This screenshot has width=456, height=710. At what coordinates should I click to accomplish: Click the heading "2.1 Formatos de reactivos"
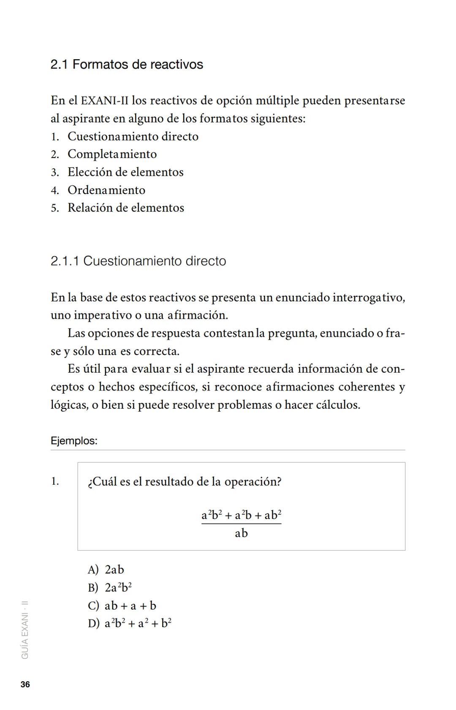(127, 65)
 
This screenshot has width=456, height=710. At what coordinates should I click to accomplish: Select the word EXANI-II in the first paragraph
(104, 101)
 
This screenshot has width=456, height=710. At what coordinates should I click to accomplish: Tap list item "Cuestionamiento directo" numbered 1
(133, 137)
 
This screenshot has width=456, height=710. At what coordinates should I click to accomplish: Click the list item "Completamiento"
(112, 154)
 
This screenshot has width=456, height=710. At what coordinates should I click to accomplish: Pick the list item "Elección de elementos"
(125, 172)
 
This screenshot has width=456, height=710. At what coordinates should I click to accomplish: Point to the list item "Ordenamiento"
(106, 190)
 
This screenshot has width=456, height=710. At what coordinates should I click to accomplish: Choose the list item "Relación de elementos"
(126, 208)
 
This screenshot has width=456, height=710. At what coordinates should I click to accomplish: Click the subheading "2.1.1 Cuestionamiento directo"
(138, 261)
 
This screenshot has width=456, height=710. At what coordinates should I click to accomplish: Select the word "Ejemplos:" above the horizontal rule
(74, 441)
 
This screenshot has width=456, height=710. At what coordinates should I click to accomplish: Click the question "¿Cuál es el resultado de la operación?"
(185, 482)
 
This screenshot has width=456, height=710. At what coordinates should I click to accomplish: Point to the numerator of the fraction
(241, 515)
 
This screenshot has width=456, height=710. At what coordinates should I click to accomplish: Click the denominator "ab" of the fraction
(241, 533)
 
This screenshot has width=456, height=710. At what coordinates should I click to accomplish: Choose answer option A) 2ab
(106, 570)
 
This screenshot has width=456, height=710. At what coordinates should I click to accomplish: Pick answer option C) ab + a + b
(122, 606)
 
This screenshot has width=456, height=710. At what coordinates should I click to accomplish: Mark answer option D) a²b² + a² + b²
(130, 623)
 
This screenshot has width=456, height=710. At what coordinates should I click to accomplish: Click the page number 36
(25, 685)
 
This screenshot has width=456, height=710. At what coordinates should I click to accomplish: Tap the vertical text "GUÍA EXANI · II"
(25, 630)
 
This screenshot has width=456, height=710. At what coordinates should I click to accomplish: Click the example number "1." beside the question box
(55, 481)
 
